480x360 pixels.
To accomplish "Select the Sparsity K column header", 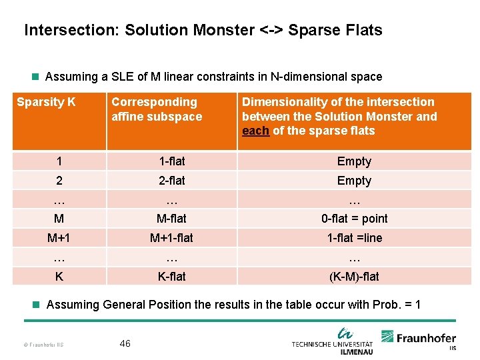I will [46, 103].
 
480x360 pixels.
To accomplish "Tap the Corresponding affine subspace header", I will [157, 109].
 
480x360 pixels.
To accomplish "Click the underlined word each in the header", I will [255, 131].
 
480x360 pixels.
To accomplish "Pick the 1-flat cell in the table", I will [172, 161].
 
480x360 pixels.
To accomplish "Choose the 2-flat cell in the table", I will [172, 181].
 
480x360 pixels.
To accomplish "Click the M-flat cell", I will [172, 219].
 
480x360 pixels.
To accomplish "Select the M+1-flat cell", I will [172, 238].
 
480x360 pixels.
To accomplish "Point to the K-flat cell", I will [172, 276].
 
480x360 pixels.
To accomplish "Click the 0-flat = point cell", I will [354, 219].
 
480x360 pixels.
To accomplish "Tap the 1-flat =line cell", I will [354, 238].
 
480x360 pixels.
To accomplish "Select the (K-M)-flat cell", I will [354, 276].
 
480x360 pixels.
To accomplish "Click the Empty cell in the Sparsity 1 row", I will [354, 161].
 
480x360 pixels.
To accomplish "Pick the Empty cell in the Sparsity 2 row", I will [354, 181].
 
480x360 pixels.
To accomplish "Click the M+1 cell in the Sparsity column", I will [59, 238].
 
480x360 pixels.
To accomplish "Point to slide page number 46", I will [125, 343].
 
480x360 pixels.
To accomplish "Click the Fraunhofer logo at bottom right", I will [419, 339].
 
